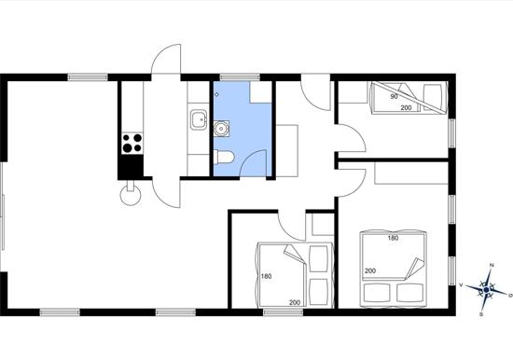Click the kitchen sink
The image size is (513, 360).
pyautogui.click(x=199, y=120)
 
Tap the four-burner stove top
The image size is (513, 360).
pyautogui.click(x=132, y=144)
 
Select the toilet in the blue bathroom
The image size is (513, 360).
pyautogui.click(x=224, y=156)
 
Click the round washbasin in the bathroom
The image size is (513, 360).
pyautogui.click(x=221, y=129)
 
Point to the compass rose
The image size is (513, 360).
pyautogui.click(x=486, y=290)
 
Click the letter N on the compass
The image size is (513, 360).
pyautogui.click(x=492, y=265)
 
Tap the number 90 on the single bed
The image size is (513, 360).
pyautogui.click(x=394, y=97)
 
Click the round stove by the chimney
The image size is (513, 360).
pyautogui.click(x=131, y=195)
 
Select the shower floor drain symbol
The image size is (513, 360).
pyautogui.click(x=216, y=94)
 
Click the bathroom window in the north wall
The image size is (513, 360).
pyautogui.click(x=240, y=77)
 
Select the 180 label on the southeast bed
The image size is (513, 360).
pyautogui.click(x=393, y=238)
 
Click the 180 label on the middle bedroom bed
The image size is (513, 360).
pyautogui.click(x=267, y=276)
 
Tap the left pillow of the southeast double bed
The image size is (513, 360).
pyautogui.click(x=377, y=293)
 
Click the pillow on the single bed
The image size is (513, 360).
pyautogui.click(x=433, y=97)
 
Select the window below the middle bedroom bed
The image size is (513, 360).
pyautogui.click(x=284, y=312)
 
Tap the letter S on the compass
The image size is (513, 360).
pyautogui.click(x=481, y=314)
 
